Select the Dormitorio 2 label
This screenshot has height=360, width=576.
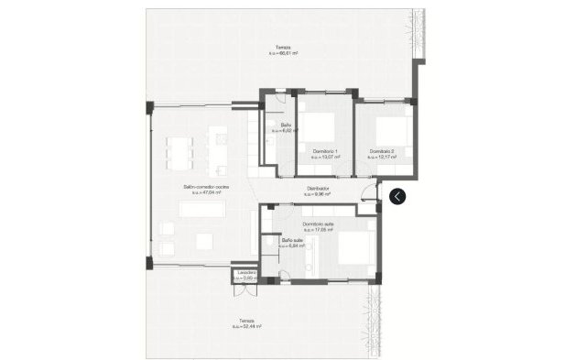pyautogui.click(x=382, y=151)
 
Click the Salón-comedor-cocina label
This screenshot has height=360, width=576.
pyautogui.click(x=206, y=188)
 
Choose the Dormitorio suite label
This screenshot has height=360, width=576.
pyautogui.click(x=318, y=224)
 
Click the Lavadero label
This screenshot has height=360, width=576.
pyautogui.click(x=245, y=272)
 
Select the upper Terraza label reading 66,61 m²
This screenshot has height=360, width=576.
pyautogui.click(x=284, y=48)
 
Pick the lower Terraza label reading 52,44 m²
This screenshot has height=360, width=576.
pyautogui.click(x=245, y=321)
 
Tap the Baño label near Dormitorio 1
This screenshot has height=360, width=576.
pyautogui.click(x=286, y=125)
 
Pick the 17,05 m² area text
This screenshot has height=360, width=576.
pyautogui.click(x=318, y=230)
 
